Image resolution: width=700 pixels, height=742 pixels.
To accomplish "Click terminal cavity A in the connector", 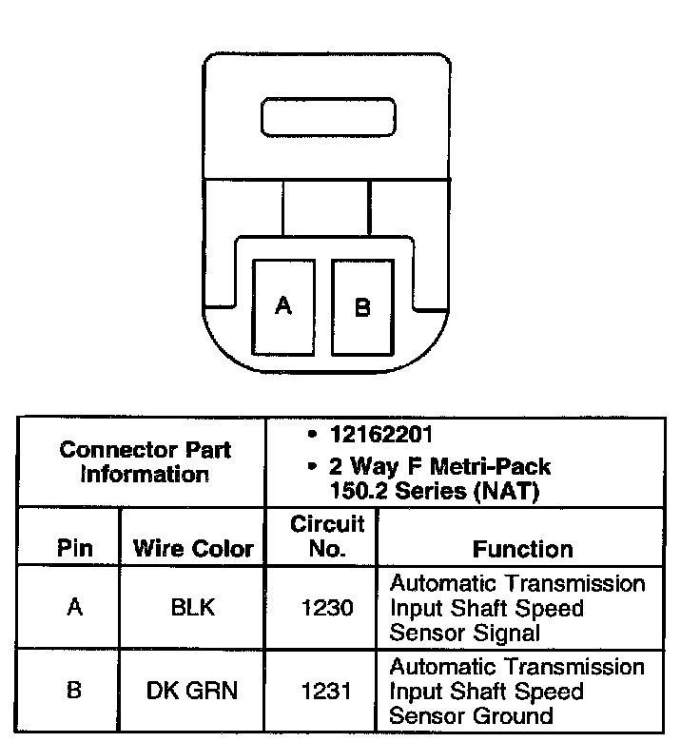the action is click(x=282, y=306).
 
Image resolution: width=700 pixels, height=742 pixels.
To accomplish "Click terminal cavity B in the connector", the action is click(x=362, y=306).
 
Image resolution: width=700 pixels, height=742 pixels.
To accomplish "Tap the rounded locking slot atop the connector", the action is click(x=328, y=118).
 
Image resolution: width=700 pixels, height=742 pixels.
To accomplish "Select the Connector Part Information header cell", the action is click(x=145, y=461).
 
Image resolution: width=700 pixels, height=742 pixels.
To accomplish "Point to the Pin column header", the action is click(x=74, y=549).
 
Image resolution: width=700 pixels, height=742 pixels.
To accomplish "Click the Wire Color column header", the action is click(x=193, y=549).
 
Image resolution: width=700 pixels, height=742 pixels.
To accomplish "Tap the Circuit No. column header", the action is click(x=321, y=537).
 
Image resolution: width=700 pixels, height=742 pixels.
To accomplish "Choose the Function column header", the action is click(x=522, y=549).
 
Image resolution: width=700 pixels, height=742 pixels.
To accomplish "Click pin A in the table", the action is click(x=74, y=607).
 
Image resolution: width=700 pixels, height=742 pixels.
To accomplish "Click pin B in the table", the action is click(x=74, y=691).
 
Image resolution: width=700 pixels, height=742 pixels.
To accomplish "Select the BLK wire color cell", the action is click(x=192, y=607).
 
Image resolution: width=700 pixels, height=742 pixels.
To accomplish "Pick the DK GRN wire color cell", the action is click(x=192, y=691).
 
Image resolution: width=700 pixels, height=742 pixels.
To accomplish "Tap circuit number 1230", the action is click(x=322, y=607).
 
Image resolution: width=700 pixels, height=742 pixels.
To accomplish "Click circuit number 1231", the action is click(x=322, y=691).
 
